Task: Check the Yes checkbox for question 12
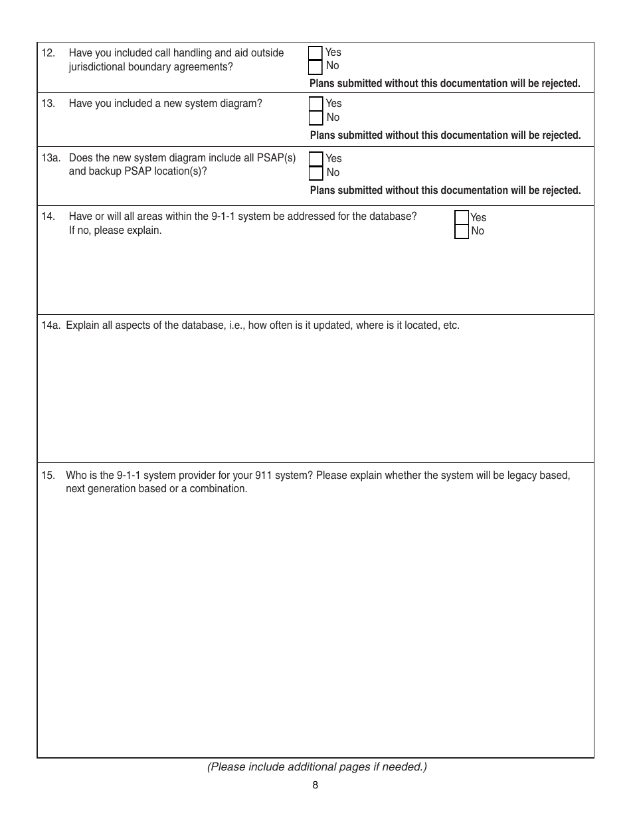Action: tap(315, 53)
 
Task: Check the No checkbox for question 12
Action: tap(315, 67)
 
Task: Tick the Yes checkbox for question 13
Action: tap(316, 104)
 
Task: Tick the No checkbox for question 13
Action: tap(316, 118)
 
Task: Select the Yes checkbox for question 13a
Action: tap(316, 159)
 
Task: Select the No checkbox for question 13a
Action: tap(316, 173)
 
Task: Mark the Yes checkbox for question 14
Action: tap(462, 218)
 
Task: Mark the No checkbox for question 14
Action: tap(462, 232)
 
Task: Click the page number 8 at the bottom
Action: tap(315, 785)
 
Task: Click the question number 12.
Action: tap(48, 53)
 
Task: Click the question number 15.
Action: tap(48, 476)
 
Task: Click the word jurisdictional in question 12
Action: tap(100, 67)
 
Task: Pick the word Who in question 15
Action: tap(75, 476)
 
